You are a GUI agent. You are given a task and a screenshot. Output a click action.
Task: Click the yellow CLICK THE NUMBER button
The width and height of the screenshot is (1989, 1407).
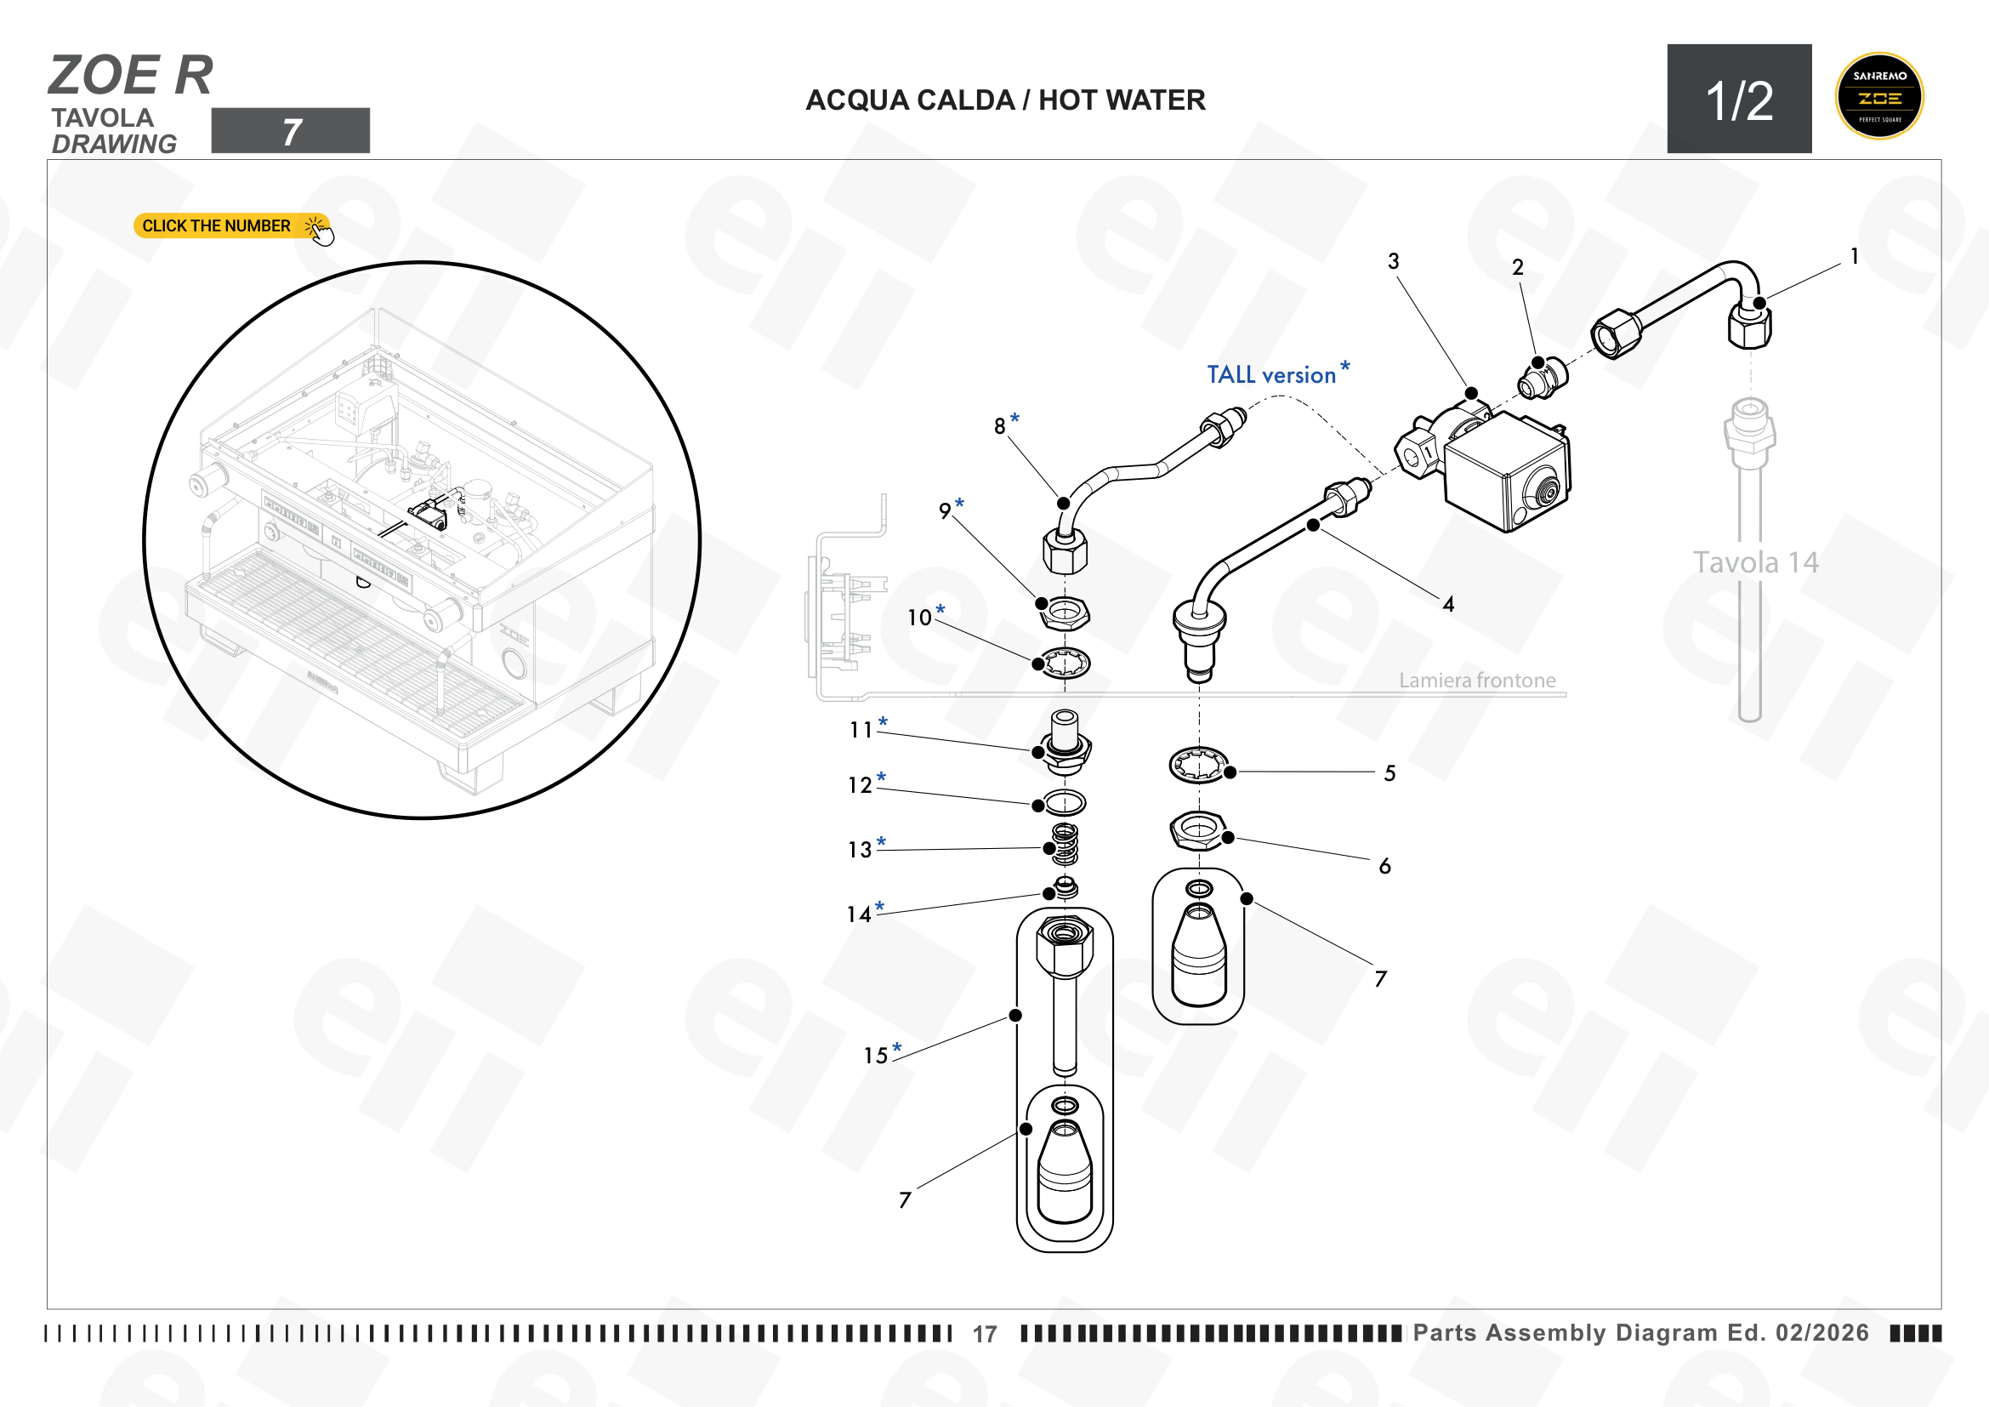pos(231,226)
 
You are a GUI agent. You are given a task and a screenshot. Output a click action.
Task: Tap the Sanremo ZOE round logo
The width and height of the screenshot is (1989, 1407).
pos(1879,96)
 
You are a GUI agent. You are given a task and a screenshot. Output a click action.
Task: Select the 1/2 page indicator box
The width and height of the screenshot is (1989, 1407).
pos(1740,99)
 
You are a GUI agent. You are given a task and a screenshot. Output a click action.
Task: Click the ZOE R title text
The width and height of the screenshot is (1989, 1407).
pos(131,76)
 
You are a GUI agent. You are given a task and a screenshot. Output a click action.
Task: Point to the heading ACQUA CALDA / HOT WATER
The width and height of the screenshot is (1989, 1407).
pos(1005,100)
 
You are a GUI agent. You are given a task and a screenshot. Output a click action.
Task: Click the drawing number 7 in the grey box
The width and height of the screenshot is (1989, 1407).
pos(291,132)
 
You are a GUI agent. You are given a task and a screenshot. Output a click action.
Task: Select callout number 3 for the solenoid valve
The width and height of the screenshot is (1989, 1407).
pos(1393,261)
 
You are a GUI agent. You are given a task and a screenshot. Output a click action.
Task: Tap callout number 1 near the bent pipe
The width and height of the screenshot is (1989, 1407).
pos(1854,256)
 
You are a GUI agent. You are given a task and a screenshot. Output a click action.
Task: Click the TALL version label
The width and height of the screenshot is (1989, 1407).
pos(1270,375)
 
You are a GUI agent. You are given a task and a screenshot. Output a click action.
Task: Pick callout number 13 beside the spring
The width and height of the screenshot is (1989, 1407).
pos(860,850)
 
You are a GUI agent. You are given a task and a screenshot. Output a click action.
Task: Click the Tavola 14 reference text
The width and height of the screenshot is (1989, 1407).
pos(1755,562)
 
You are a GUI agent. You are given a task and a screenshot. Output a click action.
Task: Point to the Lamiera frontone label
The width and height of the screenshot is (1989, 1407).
pos(1477,681)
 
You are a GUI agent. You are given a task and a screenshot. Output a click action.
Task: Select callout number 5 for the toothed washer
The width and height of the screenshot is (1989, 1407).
pos(1389,772)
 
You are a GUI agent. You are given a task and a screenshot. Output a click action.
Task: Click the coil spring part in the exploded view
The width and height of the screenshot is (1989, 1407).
pos(1065,844)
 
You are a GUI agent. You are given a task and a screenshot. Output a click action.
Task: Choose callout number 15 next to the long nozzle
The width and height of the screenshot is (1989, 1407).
pos(876,1055)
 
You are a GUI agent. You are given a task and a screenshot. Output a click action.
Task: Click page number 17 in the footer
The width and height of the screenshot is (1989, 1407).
pos(984,1334)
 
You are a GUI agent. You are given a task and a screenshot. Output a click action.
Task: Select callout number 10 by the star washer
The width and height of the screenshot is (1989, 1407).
pos(919,618)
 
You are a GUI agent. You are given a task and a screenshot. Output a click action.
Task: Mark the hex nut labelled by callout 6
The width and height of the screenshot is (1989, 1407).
pos(1197,829)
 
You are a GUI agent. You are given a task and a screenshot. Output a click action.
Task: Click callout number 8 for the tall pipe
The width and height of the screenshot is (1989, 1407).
pos(1000,426)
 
